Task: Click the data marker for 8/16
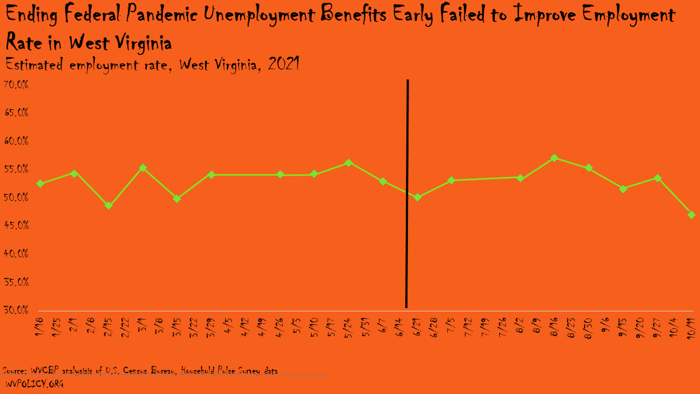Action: pyautogui.click(x=554, y=158)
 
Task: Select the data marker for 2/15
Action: pyautogui.click(x=108, y=206)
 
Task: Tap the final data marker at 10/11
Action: pyautogui.click(x=691, y=215)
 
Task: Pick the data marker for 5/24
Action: pyautogui.click(x=348, y=163)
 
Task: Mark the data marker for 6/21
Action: pyautogui.click(x=417, y=197)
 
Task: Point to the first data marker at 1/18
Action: pyautogui.click(x=40, y=183)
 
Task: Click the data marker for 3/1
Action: pyautogui.click(x=143, y=168)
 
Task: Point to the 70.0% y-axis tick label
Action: pyautogui.click(x=16, y=85)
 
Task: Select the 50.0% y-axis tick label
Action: pyautogui.click(x=16, y=198)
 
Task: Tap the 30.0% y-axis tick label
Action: pyautogui.click(x=16, y=310)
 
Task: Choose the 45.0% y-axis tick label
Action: pyautogui.click(x=16, y=225)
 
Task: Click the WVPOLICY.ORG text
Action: pyautogui.click(x=34, y=384)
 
